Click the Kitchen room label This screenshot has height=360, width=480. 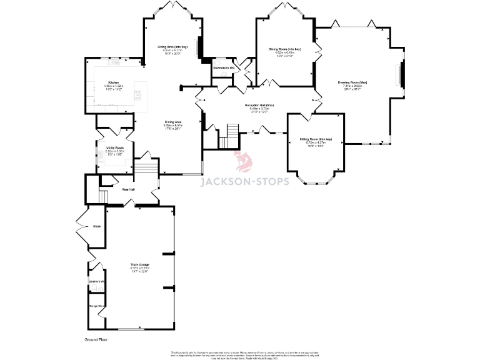[114, 82]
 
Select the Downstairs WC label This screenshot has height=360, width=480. [223, 67]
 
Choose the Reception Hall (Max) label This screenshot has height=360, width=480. [259, 105]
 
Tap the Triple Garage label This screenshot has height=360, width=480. [139, 264]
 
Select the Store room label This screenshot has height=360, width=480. [97, 226]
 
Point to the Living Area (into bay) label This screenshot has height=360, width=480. [172, 47]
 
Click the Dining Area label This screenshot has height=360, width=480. [173, 122]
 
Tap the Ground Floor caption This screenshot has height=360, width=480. [97, 339]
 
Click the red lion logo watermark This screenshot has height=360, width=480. [243, 162]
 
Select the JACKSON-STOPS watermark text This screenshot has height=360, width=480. [244, 182]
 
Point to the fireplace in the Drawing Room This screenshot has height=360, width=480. [401, 75]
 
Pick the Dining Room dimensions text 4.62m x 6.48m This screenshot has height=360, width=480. [285, 52]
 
